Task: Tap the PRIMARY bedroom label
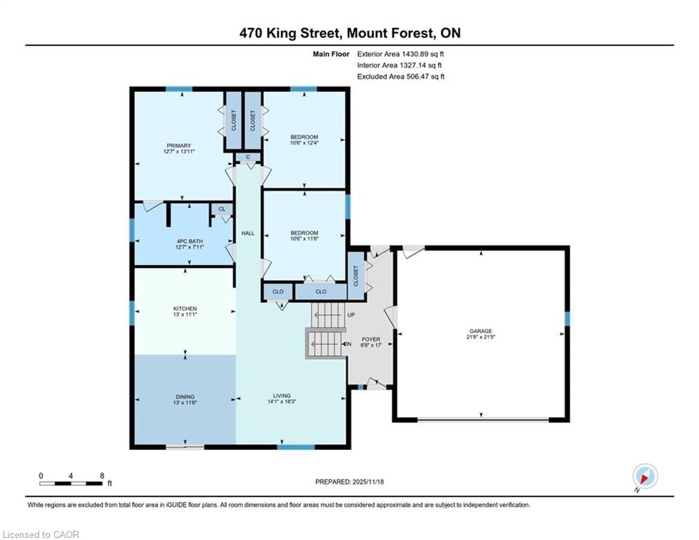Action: (x=178, y=146)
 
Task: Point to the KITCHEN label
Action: (x=185, y=309)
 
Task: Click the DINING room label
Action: (x=185, y=397)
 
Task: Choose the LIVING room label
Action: (x=282, y=396)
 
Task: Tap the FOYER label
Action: (x=371, y=339)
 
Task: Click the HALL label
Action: (x=248, y=233)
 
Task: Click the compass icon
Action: (x=644, y=476)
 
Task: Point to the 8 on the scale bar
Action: (x=103, y=475)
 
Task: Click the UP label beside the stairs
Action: (x=351, y=315)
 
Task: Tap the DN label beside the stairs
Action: (x=347, y=344)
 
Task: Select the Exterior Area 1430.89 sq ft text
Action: (x=400, y=53)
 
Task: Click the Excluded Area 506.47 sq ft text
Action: (x=400, y=77)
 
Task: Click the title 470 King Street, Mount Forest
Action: (x=349, y=33)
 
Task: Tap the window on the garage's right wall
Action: (x=567, y=319)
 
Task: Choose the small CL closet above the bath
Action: (x=222, y=209)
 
